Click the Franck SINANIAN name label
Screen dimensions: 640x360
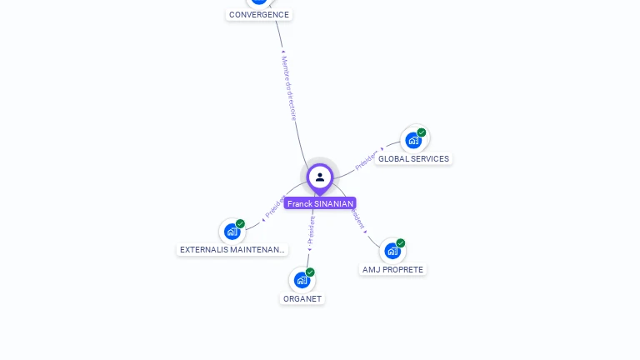320,203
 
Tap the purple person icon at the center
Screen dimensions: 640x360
320,177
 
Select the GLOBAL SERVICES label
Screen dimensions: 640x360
413,158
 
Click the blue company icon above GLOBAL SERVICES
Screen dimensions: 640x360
412,140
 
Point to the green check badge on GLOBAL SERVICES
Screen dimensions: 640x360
422,132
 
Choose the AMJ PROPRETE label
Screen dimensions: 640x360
392,270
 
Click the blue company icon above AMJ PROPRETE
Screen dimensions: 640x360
392,251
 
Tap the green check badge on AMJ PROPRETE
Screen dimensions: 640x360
401,243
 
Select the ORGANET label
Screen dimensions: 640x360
302,298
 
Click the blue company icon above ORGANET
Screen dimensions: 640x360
301,280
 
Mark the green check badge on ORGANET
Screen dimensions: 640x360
310,272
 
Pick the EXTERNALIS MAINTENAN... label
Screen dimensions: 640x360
232,249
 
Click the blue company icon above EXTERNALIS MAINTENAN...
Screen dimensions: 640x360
232,231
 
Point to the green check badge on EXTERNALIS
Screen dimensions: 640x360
241,223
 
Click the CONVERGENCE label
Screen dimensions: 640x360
259,14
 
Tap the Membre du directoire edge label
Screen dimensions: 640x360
289,88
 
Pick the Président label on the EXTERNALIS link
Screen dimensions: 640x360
274,207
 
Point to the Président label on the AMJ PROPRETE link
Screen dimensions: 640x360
357,219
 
